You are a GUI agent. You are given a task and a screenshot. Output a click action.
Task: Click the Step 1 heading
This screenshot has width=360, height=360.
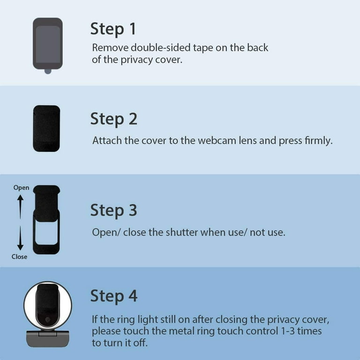113,29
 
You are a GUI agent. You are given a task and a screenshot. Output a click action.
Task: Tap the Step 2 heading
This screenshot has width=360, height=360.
114,119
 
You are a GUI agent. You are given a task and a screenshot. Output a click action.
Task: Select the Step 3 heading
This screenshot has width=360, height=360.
114,210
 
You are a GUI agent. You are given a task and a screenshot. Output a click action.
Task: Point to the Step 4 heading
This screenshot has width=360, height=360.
114,296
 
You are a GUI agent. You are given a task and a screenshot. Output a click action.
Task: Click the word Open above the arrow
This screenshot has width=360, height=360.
21,188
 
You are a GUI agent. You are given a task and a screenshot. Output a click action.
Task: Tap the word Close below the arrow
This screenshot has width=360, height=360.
19,256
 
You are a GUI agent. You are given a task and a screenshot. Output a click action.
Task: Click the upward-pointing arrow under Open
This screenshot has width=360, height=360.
21,207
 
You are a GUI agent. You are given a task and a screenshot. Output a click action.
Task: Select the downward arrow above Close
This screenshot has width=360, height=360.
20,238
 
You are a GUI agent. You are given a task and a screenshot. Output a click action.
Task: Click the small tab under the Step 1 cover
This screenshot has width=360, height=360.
48,71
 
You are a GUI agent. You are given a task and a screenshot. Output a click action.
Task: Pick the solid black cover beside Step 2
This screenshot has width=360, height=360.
46,128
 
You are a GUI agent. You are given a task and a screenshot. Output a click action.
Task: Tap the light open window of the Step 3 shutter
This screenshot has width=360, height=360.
46,232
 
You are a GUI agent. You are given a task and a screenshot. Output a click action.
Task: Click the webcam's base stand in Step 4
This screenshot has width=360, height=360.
48,338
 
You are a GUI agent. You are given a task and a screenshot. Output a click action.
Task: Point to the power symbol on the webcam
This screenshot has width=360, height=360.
48,319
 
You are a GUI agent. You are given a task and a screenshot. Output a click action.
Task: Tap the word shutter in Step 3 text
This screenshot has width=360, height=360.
182,232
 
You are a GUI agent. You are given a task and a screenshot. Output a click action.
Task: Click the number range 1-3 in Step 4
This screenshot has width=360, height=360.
288,331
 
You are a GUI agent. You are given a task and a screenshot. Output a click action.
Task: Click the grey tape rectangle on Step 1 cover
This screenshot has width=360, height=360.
48,45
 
